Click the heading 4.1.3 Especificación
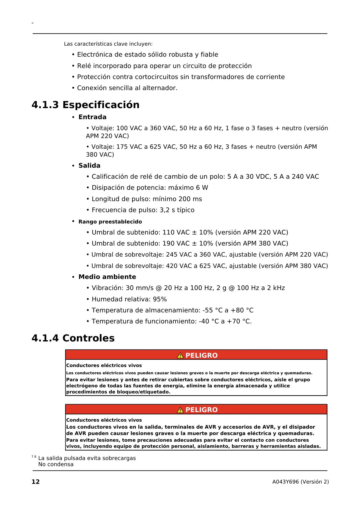(85, 105)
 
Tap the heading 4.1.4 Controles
(73, 338)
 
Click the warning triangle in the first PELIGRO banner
(180, 355)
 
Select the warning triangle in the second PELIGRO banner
(180, 410)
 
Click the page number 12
(35, 482)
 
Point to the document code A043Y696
(285, 482)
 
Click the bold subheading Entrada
(92, 117)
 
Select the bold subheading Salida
(89, 166)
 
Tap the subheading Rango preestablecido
(110, 222)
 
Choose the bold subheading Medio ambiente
(107, 277)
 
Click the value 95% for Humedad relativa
(160, 299)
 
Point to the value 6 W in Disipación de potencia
(202, 188)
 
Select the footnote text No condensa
(56, 464)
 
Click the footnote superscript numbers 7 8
(34, 457)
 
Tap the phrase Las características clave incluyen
(108, 44)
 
